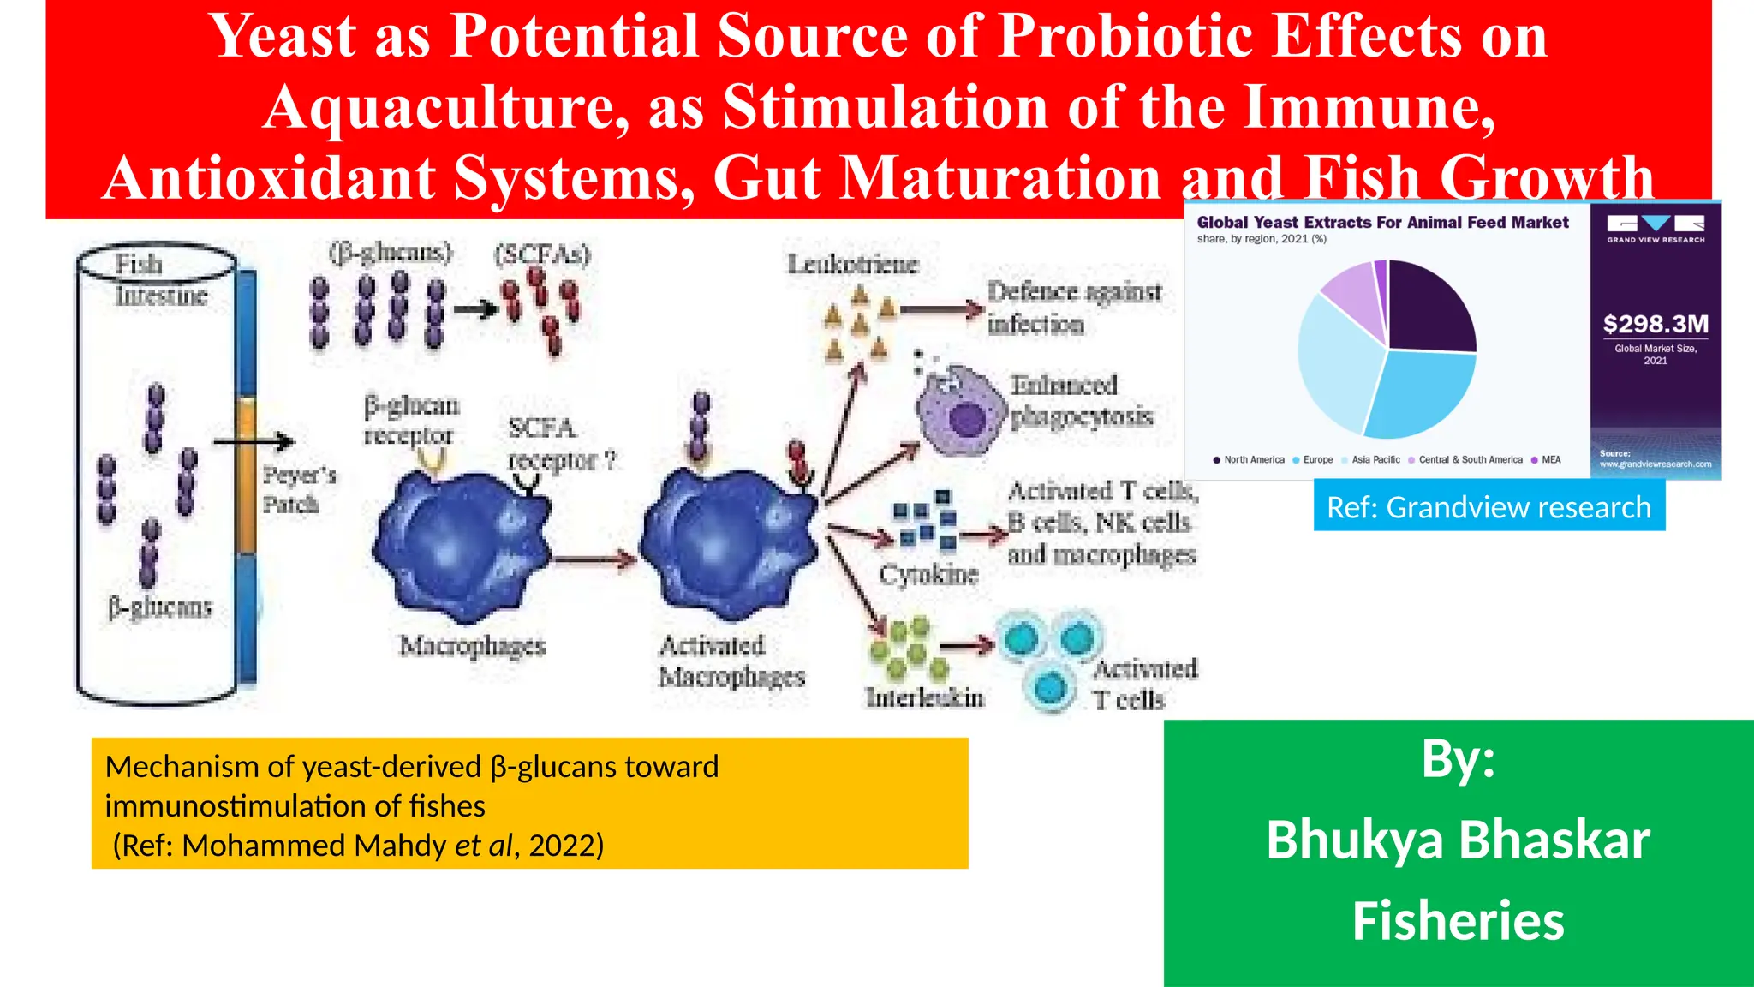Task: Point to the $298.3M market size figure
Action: (x=1656, y=324)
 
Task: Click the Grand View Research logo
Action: (x=1656, y=228)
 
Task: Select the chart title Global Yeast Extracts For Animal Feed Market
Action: (x=1382, y=223)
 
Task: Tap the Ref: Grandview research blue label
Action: (x=1489, y=507)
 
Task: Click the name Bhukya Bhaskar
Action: (x=1458, y=840)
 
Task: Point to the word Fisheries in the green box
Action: (x=1458, y=921)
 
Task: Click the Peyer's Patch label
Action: (x=298, y=489)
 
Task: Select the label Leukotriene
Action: (x=852, y=264)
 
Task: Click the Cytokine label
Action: (x=928, y=573)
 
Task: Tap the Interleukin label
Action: (x=924, y=697)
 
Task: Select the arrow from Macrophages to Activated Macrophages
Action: (x=594, y=561)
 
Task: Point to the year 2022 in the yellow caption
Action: (x=566, y=846)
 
